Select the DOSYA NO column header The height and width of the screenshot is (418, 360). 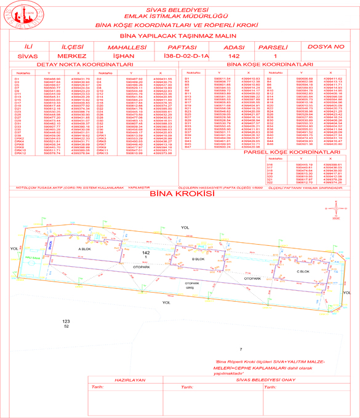[x=323, y=47]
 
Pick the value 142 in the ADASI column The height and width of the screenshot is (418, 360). [x=229, y=57]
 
